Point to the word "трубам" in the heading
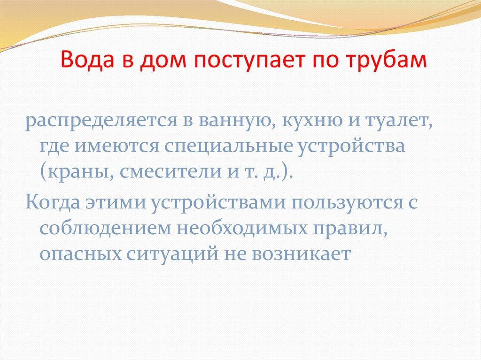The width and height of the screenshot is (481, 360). pos(388,60)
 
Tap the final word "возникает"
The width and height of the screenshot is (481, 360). pos(301,254)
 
